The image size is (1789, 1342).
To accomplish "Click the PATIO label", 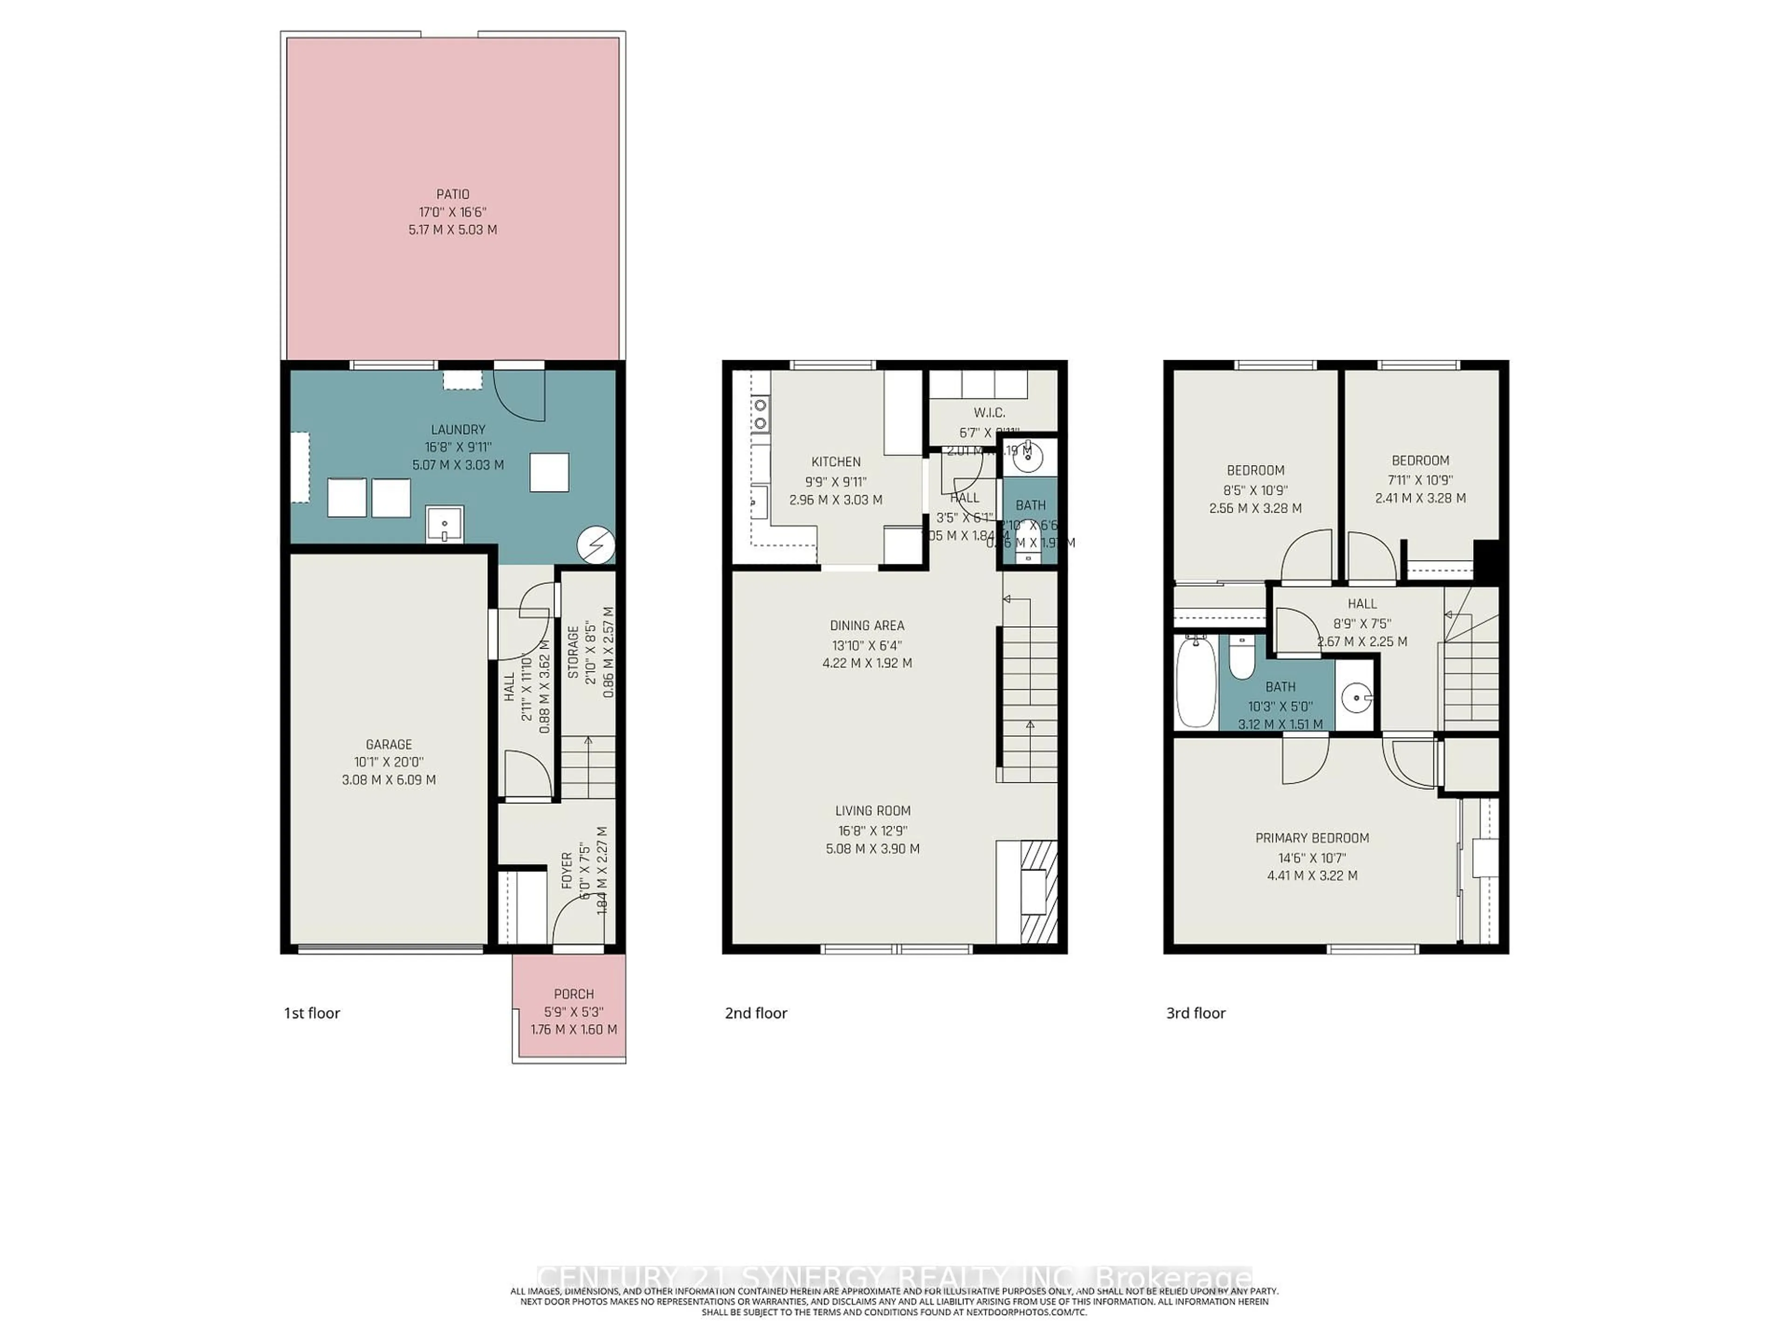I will pyautogui.click(x=453, y=194).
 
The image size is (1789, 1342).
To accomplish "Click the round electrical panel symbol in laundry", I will pyautogui.click(x=596, y=544).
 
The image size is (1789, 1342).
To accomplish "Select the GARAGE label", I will pyautogui.click(x=389, y=744).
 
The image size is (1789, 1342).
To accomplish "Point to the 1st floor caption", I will pyautogui.click(x=311, y=1013).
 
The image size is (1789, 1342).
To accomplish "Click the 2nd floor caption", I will pyautogui.click(x=755, y=1013).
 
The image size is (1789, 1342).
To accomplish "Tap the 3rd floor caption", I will pyautogui.click(x=1195, y=1013).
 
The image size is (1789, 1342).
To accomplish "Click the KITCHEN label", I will pyautogui.click(x=835, y=462).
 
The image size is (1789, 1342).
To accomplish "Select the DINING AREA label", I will pyautogui.click(x=867, y=625).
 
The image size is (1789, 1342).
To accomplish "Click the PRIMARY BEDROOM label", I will pyautogui.click(x=1312, y=838).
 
